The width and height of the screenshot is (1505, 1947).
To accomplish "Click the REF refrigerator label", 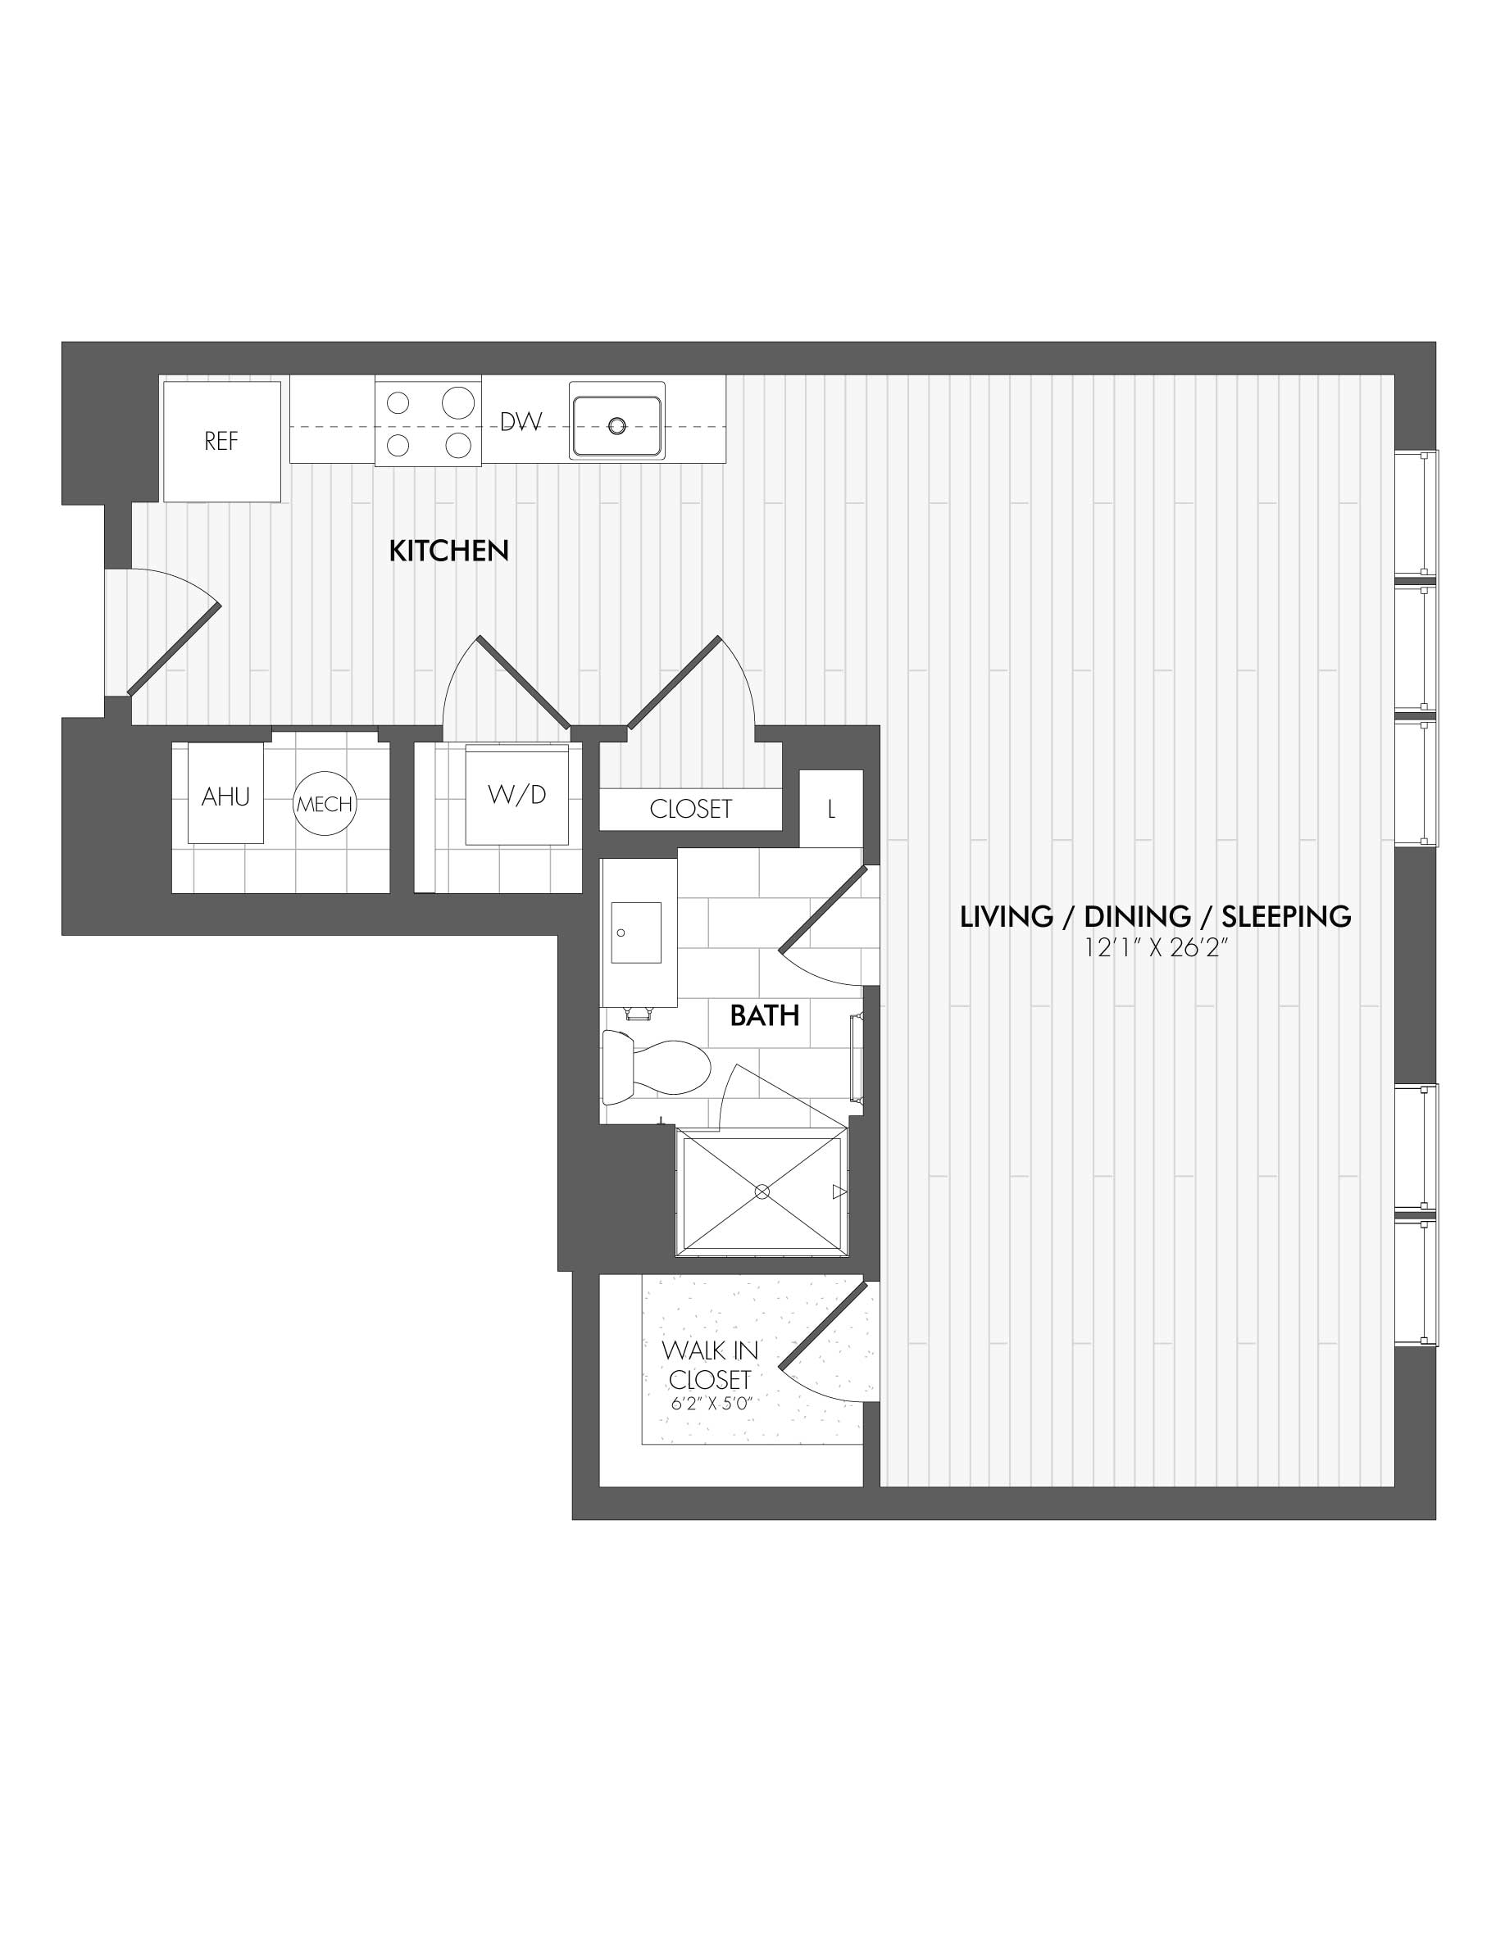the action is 221,442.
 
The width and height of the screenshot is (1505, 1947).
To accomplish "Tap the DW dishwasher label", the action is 521,422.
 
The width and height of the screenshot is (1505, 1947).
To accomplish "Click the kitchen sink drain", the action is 617,426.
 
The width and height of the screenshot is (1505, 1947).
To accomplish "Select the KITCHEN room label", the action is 448,551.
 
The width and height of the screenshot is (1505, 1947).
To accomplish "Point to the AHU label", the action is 225,797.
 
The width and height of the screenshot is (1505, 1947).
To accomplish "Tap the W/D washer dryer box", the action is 517,796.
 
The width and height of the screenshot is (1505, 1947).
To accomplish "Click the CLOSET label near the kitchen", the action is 691,810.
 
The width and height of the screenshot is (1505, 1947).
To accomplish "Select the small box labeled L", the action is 831,809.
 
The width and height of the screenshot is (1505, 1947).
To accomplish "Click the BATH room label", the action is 764,1015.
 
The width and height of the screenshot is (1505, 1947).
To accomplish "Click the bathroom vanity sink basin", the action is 636,933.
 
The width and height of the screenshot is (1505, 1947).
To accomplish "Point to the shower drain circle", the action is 762,1191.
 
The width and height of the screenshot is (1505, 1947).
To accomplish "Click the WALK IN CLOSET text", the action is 710,1365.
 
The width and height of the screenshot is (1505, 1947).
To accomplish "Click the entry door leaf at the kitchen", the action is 174,648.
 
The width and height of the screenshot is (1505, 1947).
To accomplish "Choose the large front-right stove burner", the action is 457,444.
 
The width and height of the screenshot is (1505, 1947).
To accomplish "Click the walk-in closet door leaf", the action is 824,1326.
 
